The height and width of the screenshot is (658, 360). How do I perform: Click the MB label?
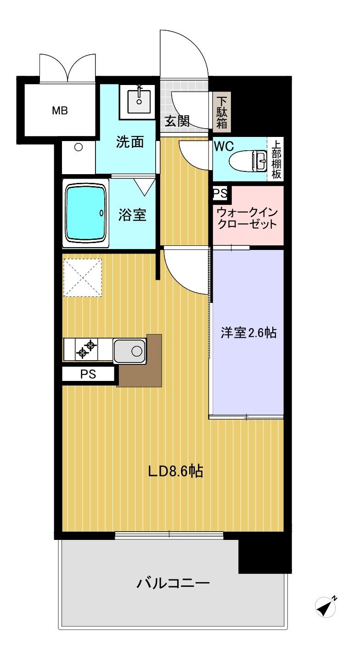click(60, 111)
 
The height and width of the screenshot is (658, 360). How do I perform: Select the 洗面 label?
click(129, 142)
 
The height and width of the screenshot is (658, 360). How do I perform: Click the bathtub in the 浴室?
click(86, 213)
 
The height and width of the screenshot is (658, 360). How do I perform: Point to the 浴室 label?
click(132, 215)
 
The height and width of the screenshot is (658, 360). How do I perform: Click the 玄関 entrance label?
click(177, 121)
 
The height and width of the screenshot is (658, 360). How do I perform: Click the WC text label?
click(224, 146)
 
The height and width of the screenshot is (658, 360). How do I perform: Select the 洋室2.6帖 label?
click(248, 333)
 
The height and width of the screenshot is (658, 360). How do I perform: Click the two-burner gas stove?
click(87, 349)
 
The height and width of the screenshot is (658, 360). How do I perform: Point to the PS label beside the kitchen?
click(88, 374)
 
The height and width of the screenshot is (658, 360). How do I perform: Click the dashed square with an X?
click(82, 278)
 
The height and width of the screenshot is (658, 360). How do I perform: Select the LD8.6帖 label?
click(175, 471)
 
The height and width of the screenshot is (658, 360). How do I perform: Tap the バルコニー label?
click(173, 584)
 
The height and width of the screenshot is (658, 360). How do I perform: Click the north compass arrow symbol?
click(326, 607)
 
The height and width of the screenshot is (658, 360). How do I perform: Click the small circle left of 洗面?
click(79, 147)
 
